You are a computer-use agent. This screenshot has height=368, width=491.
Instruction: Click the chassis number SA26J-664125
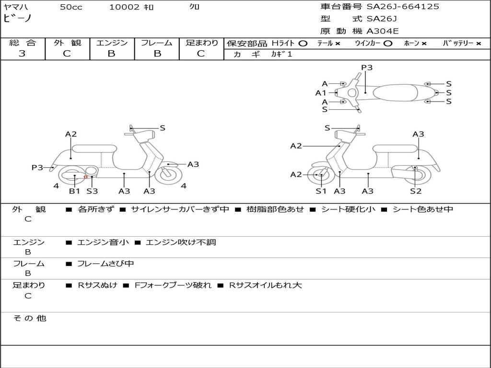403,6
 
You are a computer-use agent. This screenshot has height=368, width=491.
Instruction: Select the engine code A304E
382,31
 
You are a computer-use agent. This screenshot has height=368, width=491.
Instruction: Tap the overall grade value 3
22,54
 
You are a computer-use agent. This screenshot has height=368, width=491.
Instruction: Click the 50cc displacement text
71,7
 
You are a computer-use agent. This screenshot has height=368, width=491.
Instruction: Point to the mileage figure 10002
124,7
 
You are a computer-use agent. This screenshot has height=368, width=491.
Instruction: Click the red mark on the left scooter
85,177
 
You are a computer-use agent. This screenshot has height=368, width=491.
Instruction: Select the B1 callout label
74,191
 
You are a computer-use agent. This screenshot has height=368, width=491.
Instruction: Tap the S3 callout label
92,191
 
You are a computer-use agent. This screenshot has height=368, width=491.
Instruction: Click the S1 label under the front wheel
321,191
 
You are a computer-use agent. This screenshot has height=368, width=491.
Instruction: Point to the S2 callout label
416,191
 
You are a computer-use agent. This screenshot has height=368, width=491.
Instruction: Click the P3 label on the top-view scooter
367,67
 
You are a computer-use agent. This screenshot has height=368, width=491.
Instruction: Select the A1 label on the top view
321,93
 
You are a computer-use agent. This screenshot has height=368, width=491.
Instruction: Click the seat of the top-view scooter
396,92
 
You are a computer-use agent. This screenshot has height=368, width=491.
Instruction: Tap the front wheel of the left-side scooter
169,174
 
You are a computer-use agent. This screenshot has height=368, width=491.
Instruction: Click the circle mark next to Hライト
303,44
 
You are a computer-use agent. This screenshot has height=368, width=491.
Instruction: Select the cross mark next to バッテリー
479,44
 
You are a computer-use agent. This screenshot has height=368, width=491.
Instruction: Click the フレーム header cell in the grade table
157,43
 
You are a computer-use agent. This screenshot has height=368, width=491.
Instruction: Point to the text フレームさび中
105,264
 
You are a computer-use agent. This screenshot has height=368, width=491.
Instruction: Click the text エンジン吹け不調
181,242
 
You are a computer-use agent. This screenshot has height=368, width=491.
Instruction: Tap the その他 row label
30,318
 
